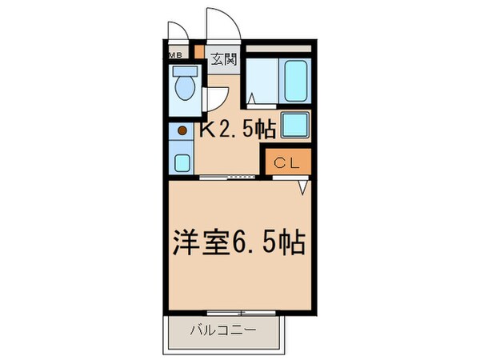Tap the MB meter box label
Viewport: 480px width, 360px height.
pyautogui.click(x=174, y=55)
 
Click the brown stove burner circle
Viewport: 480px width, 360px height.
pyautogui.click(x=182, y=130)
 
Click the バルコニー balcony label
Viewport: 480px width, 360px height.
pyautogui.click(x=223, y=328)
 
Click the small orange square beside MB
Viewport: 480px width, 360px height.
pyautogui.click(x=199, y=55)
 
